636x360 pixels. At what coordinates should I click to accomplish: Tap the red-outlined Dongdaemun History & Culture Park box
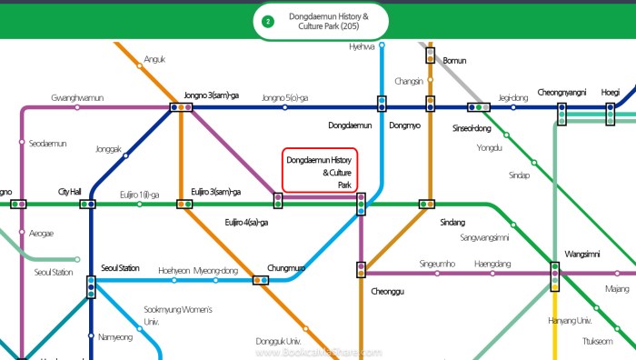click(x=320, y=170)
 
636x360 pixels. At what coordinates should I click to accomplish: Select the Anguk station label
click(x=154, y=60)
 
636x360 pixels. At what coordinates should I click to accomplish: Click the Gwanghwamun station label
click(x=77, y=97)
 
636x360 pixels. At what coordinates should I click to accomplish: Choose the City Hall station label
click(x=70, y=192)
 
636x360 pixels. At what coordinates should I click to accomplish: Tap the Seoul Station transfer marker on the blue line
click(x=91, y=287)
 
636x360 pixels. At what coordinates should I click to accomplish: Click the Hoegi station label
click(x=611, y=92)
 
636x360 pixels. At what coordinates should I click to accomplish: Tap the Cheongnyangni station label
click(x=561, y=92)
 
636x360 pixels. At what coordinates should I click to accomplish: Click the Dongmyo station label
click(x=404, y=125)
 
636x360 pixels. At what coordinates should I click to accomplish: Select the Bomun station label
click(x=453, y=60)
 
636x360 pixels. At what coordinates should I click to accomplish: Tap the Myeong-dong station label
click(x=215, y=270)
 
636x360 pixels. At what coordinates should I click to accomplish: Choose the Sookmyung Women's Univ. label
click(x=178, y=315)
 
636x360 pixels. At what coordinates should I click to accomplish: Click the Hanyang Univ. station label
click(x=571, y=320)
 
